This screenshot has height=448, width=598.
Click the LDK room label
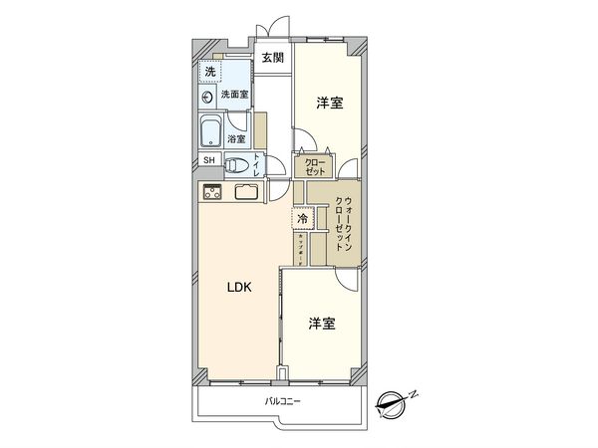point(238,288)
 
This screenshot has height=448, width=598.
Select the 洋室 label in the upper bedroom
point(330,104)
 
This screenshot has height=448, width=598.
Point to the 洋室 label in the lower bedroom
point(321,325)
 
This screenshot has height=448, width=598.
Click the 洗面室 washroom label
point(234,95)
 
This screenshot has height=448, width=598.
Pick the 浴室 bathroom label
point(237,139)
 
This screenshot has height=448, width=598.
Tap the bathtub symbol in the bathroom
point(211,131)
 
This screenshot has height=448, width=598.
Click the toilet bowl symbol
point(235,166)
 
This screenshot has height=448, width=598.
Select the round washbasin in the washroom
point(208,96)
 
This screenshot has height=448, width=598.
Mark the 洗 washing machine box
point(209,72)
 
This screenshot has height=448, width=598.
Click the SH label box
point(209,159)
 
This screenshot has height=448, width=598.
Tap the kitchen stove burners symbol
point(211,192)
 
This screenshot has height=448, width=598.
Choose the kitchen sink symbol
point(247,192)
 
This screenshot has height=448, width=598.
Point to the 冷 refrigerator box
point(302,217)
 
